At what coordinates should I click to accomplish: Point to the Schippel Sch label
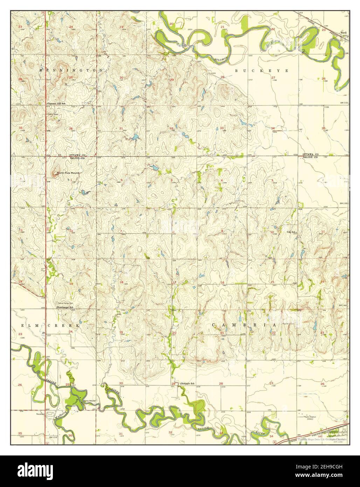(x=188, y=384)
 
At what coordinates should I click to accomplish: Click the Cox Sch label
(x=292, y=232)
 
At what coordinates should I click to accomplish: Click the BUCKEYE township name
(x=261, y=71)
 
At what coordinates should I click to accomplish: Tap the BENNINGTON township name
(x=71, y=70)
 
